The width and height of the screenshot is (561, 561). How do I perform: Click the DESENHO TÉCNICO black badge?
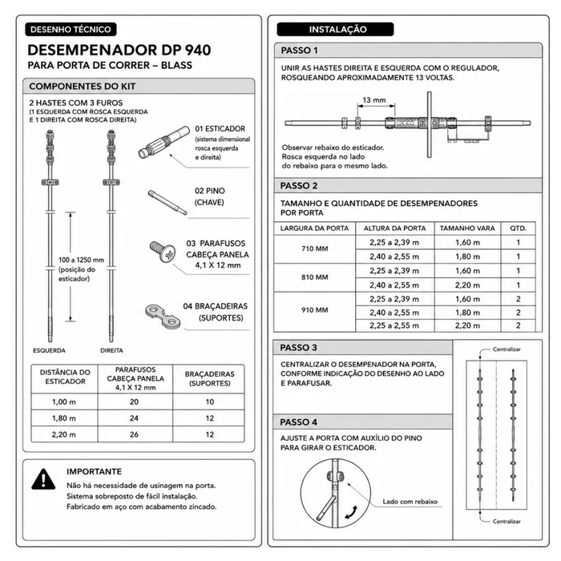pos(71,30)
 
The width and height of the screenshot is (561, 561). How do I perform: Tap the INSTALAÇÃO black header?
pos(335,30)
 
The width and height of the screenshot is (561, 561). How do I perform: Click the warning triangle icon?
pos(43,479)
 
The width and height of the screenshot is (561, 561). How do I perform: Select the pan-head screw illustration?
pos(163,252)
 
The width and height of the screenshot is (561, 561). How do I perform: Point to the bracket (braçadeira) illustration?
pos(163,316)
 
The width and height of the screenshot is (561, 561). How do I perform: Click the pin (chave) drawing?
pos(167,203)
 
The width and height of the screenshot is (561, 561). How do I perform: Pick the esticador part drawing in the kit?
pos(164,142)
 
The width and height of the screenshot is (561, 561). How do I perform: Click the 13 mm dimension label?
pos(374,100)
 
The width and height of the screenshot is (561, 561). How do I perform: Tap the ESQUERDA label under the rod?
pos(50,351)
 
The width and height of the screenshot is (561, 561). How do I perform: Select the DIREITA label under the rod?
pos(111,351)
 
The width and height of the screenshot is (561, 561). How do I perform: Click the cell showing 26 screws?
pos(134,434)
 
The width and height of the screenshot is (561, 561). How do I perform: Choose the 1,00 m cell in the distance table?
pos(64,402)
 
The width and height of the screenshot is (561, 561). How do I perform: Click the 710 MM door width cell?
pos(315,249)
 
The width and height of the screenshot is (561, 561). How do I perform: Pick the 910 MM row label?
pos(315,310)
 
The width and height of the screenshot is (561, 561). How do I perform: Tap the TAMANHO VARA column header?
pos(467,228)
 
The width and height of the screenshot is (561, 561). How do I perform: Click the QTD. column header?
pos(518,228)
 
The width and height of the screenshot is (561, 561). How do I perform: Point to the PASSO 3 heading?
pos(298,348)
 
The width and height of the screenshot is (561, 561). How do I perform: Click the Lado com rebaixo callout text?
pos(410,502)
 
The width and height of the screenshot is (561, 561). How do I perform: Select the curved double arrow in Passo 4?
pos(351,512)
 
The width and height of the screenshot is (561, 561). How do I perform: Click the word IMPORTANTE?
pos(94,471)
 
